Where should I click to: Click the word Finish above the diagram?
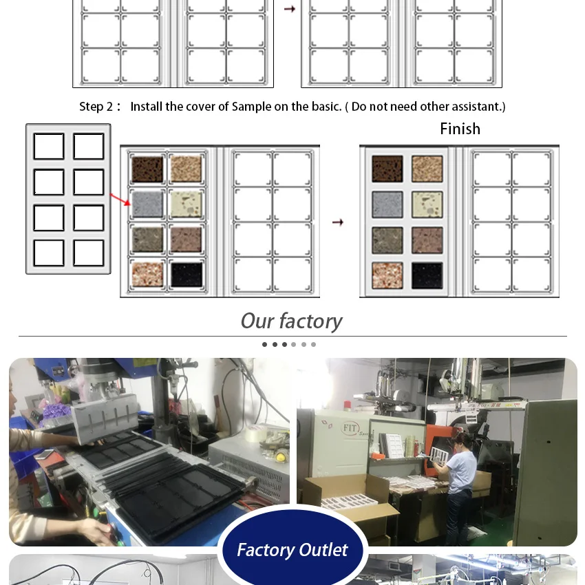(x=460, y=129)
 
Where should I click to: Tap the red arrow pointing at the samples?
(x=120, y=199)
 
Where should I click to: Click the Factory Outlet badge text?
(x=292, y=550)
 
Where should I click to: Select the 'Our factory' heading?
(x=291, y=321)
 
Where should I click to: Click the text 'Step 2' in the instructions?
(x=96, y=107)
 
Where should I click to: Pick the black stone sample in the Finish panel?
(x=427, y=276)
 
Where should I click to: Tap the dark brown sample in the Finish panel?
(x=387, y=169)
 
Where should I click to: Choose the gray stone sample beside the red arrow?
(x=148, y=204)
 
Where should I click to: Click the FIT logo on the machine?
(x=350, y=428)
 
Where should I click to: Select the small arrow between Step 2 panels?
(x=338, y=222)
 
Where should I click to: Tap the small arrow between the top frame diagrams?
(x=290, y=9)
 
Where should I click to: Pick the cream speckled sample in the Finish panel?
(x=427, y=204)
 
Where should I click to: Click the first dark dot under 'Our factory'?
(x=264, y=344)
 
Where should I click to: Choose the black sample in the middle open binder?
(x=187, y=275)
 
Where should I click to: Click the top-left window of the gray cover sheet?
(x=49, y=146)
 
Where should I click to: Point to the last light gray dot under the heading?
(x=313, y=344)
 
